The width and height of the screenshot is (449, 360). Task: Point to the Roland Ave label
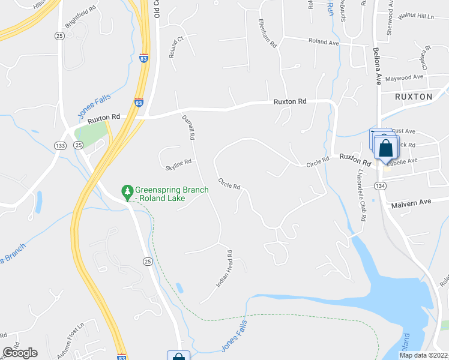pyautogui.click(x=324, y=42)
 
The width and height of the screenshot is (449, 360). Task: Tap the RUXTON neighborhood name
pyautogui.click(x=414, y=96)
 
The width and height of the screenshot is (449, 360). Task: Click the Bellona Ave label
pyautogui.click(x=377, y=65)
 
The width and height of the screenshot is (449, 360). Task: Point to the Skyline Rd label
pyautogui.click(x=179, y=162)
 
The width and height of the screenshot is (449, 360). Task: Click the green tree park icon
pyautogui.click(x=127, y=191)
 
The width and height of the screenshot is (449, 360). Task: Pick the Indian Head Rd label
pyautogui.click(x=224, y=268)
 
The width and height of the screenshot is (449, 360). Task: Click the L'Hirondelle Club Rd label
pyautogui.click(x=361, y=194)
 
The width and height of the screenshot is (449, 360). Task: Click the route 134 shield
pyautogui.click(x=379, y=186)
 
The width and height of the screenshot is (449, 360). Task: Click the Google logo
pyautogui.click(x=20, y=353)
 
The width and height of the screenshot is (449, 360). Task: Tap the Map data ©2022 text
pyautogui.click(x=423, y=355)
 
